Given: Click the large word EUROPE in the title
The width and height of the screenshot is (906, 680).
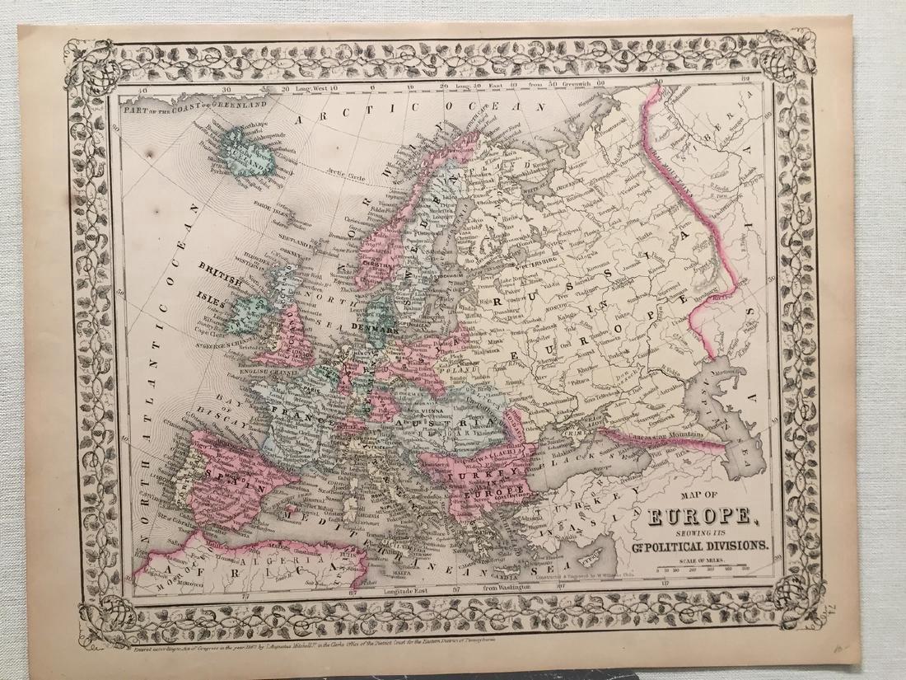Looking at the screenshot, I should tap(699, 520).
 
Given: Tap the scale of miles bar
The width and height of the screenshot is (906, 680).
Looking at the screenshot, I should tap(700, 569).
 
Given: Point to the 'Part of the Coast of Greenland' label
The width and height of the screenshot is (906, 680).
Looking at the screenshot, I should tap(176, 106).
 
